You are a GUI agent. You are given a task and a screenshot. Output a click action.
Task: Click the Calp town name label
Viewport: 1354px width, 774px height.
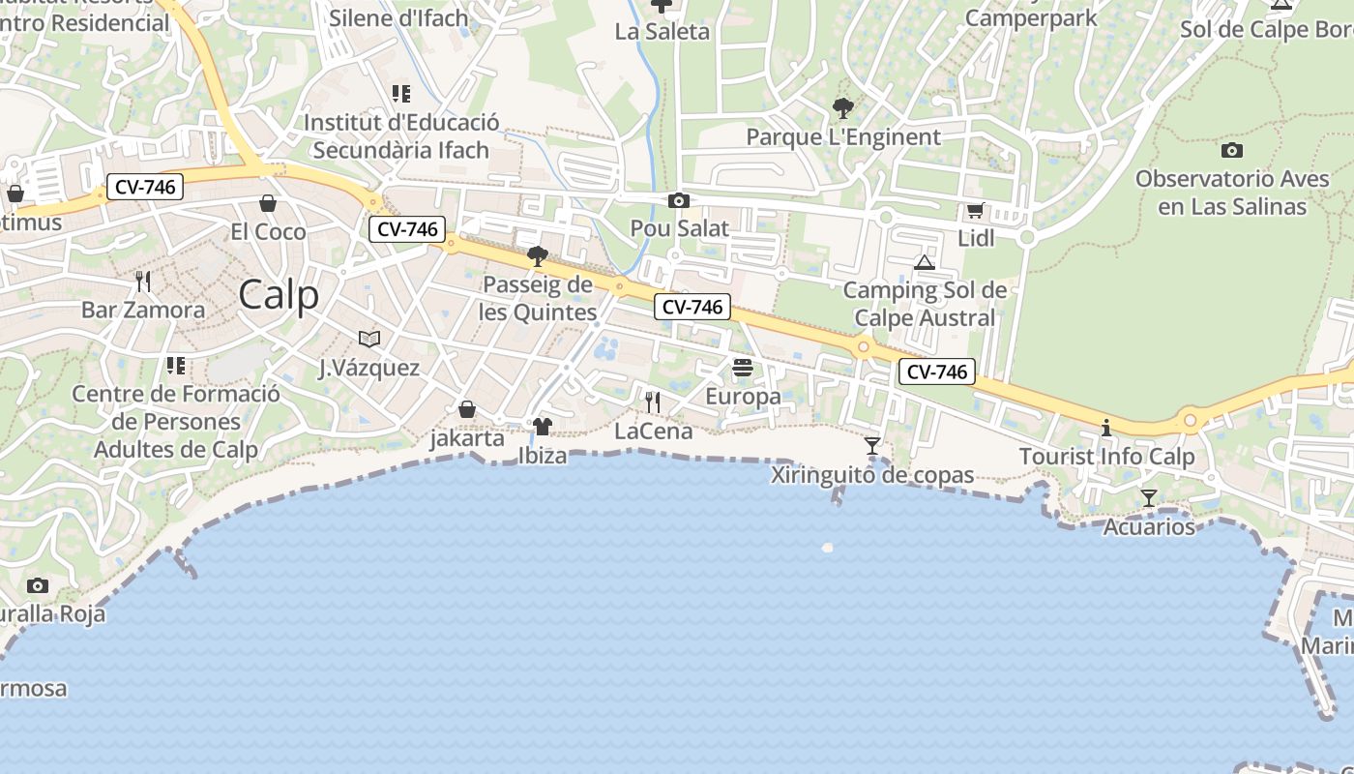click(x=279, y=294)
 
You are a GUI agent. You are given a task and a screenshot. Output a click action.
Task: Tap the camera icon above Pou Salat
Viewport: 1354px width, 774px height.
click(x=679, y=200)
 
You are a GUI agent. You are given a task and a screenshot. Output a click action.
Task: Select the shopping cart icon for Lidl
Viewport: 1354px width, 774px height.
click(x=975, y=210)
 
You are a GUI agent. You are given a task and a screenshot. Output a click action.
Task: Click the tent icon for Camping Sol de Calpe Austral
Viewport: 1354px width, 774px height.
click(x=924, y=262)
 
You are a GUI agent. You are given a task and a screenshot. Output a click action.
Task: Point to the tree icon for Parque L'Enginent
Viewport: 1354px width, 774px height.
click(x=842, y=108)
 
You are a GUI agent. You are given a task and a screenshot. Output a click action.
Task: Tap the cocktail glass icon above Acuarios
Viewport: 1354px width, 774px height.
click(x=1148, y=498)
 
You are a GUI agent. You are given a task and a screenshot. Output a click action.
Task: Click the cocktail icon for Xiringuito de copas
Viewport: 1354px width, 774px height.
click(x=872, y=446)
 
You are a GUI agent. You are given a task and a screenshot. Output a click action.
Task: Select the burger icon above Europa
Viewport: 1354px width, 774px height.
click(x=743, y=368)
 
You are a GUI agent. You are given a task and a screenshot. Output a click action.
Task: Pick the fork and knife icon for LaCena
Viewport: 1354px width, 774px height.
click(x=653, y=402)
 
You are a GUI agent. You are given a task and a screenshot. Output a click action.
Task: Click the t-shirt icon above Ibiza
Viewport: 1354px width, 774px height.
click(x=542, y=427)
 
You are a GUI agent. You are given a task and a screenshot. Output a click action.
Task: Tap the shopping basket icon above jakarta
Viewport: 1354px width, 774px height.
click(x=467, y=409)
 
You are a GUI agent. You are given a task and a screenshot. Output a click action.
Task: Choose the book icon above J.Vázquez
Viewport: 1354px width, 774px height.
click(x=368, y=339)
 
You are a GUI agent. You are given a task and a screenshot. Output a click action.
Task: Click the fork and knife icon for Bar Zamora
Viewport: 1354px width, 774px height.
click(x=143, y=282)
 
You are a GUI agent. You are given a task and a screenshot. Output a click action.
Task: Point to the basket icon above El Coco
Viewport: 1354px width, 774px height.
click(x=268, y=203)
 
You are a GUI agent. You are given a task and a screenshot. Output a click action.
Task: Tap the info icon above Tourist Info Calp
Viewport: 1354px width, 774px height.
click(x=1106, y=428)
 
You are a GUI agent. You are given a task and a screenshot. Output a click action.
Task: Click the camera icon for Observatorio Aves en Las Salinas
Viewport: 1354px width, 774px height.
click(x=1231, y=150)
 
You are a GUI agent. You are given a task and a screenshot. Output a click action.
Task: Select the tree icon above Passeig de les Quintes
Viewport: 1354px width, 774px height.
click(x=537, y=256)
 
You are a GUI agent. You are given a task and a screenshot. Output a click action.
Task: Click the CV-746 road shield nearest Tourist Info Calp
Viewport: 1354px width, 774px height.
click(x=935, y=372)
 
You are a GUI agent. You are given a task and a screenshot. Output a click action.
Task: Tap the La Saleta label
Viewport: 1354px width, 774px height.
click(x=662, y=32)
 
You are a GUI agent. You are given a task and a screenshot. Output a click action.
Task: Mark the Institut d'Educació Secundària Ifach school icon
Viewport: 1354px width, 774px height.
click(x=400, y=94)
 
